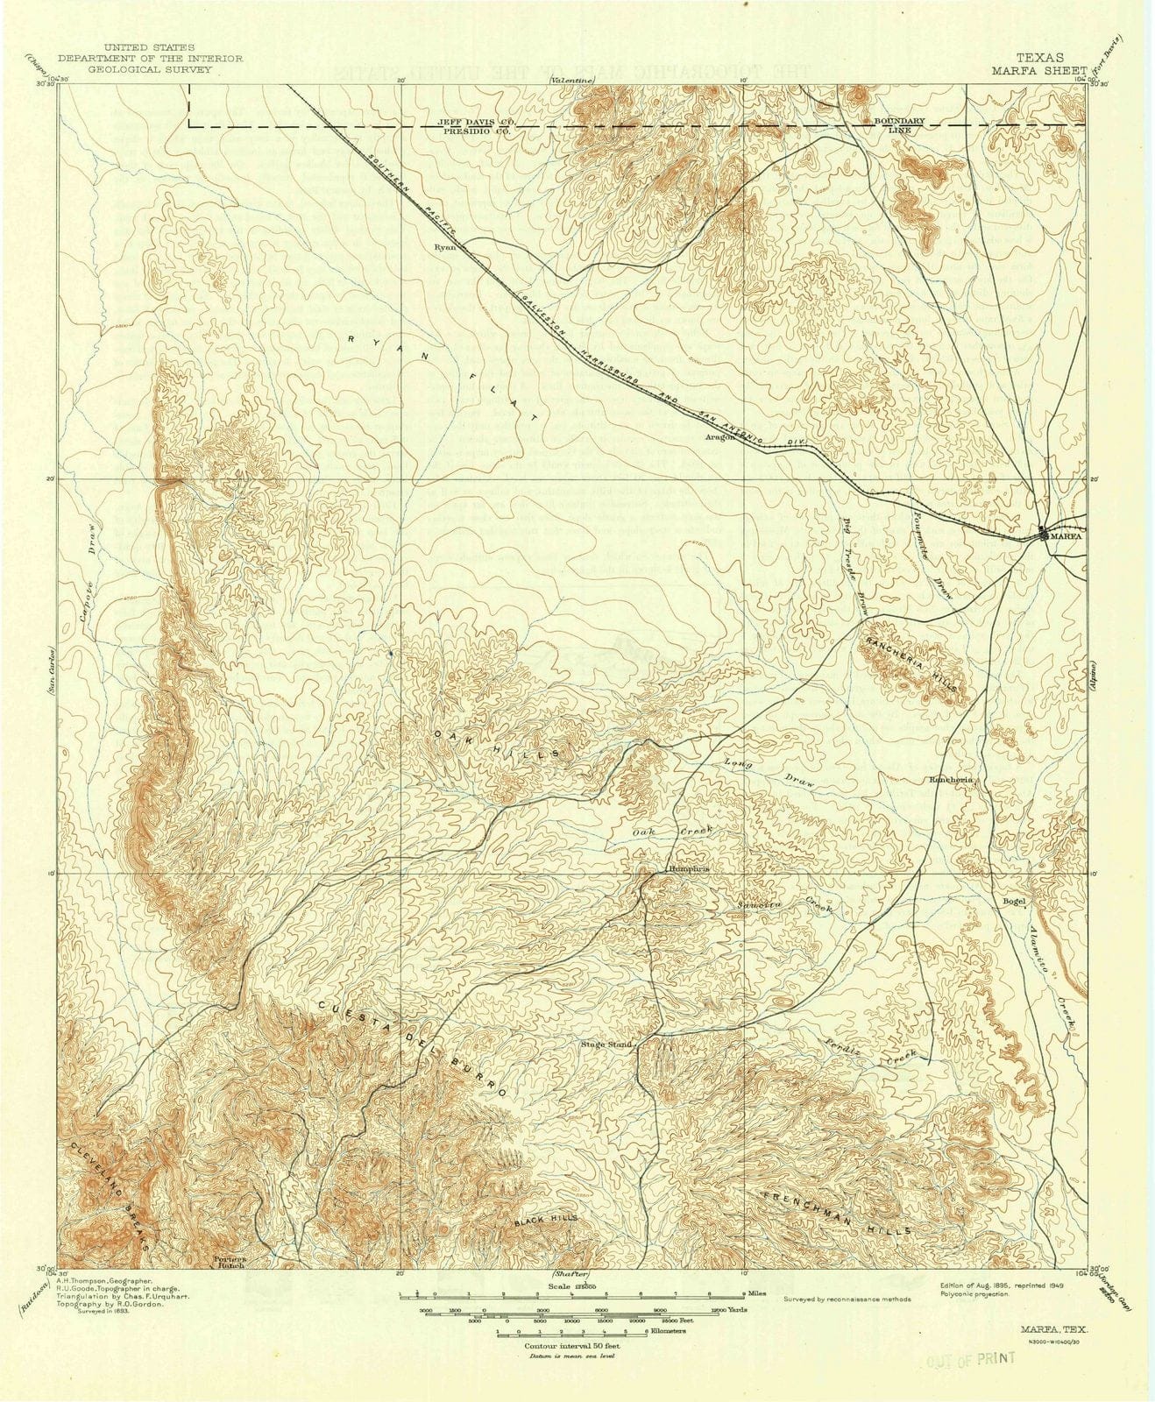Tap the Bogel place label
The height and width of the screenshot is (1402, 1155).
point(1013,899)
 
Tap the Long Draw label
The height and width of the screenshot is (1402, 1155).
point(769,774)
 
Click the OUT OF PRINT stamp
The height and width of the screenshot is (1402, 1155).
point(970,1358)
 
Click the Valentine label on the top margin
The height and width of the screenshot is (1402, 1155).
point(568,81)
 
